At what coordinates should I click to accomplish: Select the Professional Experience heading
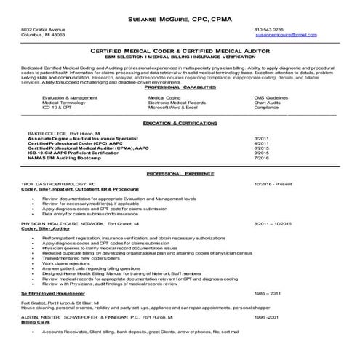tap(180, 175)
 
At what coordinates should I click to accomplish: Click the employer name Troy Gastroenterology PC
tap(58, 185)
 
